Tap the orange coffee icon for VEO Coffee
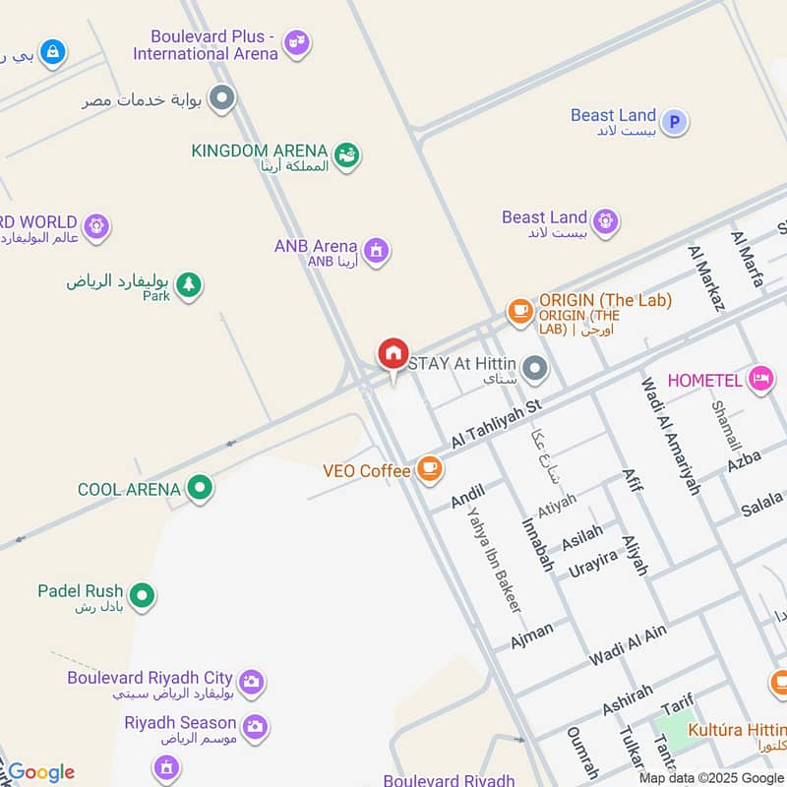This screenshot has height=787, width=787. (429, 469)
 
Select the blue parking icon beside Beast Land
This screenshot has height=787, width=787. (674, 122)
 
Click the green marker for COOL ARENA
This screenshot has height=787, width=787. (201, 488)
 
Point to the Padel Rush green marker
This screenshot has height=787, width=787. (143, 595)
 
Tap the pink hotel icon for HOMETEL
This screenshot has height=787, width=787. (759, 379)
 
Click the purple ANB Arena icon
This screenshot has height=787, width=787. (375, 251)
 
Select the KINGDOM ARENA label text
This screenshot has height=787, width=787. (259, 151)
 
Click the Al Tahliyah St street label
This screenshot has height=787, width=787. (497, 426)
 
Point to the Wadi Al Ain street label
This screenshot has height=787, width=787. (628, 645)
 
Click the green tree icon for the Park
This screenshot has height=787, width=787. (188, 286)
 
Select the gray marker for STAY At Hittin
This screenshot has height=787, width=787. (534, 369)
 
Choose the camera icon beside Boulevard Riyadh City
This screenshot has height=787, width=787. (252, 681)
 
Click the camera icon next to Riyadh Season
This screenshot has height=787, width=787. (255, 726)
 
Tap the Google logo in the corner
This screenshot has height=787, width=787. (40, 772)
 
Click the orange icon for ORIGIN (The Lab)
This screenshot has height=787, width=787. (519, 311)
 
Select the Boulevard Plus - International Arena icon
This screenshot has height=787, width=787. (296, 43)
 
